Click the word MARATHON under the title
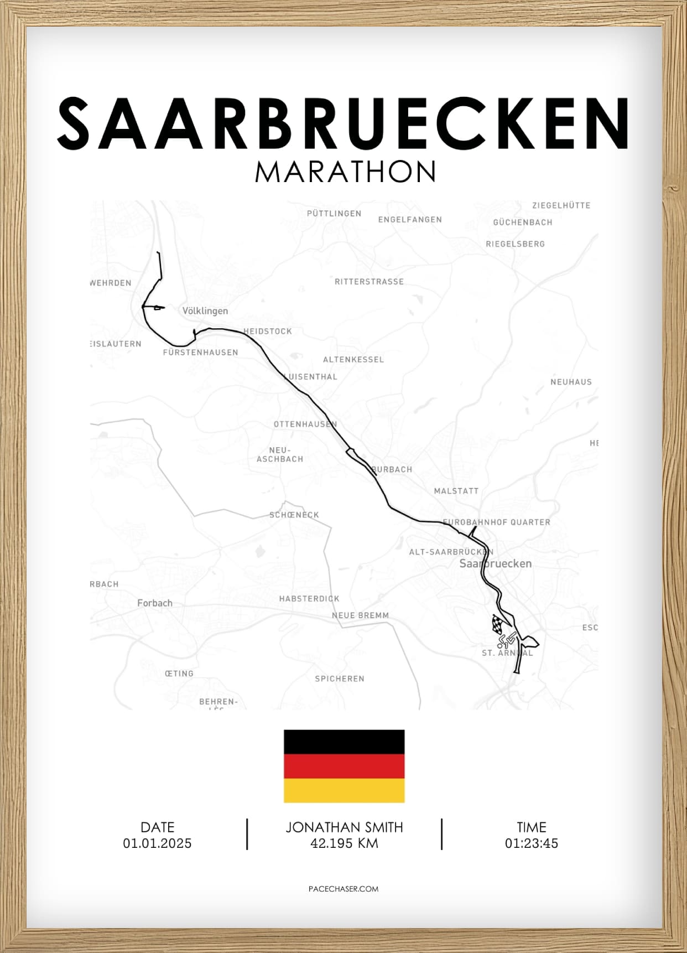coord(345,172)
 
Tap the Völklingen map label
coord(205,311)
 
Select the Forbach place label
coord(155,603)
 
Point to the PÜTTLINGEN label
coord(334,214)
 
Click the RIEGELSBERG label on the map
coord(515,244)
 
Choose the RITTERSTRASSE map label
coord(369,282)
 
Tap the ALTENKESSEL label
coord(353,360)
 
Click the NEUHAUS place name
coord(571,382)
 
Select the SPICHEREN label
coord(340,679)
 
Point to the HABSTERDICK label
coord(309,599)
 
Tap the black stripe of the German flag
coord(344,742)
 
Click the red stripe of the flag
coord(344,766)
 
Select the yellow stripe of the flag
coord(344,790)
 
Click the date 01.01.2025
coord(158,843)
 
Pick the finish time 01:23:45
coord(531,843)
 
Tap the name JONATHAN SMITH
coord(344,827)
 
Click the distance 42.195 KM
coord(344,843)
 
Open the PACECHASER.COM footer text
coord(343,889)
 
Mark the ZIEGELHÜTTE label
coord(561,205)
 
